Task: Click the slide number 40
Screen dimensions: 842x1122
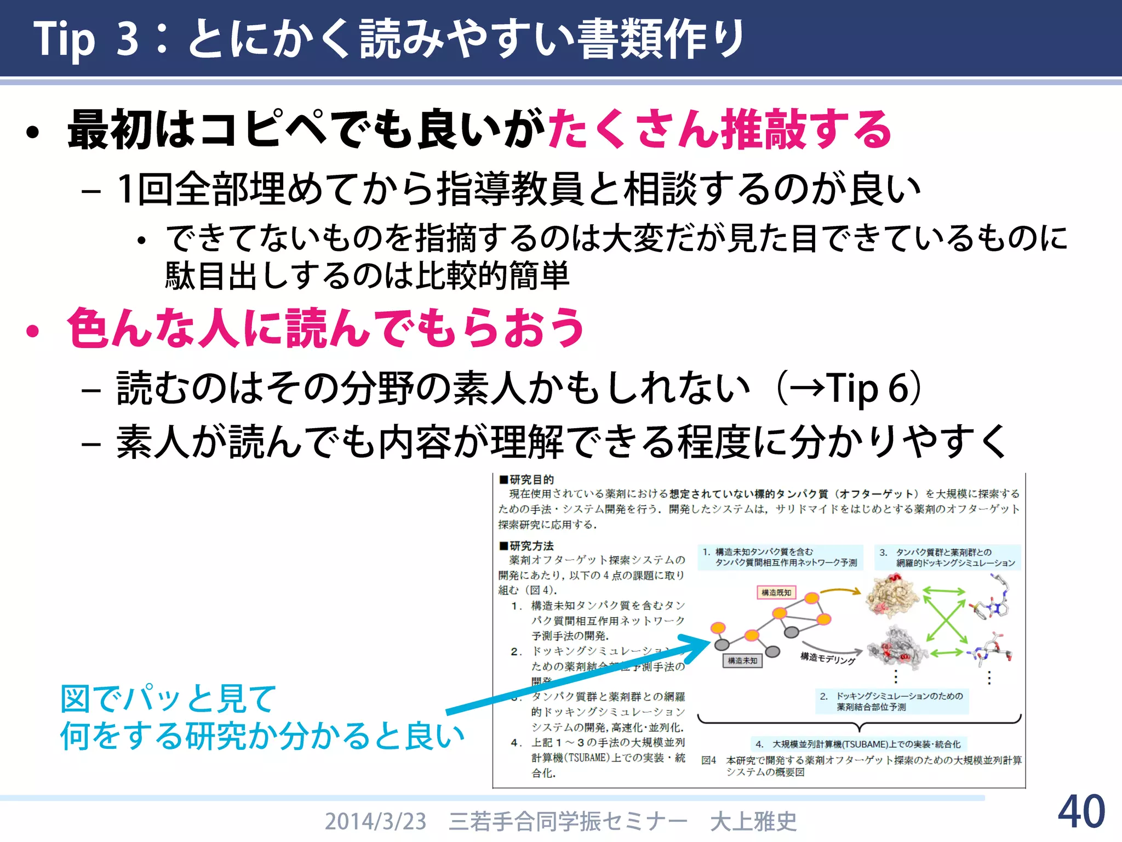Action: tap(1081, 812)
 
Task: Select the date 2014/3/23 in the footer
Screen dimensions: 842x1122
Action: tap(375, 821)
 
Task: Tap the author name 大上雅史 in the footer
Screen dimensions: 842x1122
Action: tap(753, 821)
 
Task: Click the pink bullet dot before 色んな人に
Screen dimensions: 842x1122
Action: tap(33, 331)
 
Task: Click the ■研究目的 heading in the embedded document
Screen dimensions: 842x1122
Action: tap(526, 480)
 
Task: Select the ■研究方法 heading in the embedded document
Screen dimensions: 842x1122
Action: tap(526, 546)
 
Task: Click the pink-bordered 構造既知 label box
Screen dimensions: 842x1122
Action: tap(776, 593)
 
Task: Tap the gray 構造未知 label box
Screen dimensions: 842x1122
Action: tap(742, 661)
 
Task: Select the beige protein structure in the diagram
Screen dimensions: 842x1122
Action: tap(891, 598)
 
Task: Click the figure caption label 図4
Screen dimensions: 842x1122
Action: tap(709, 760)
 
